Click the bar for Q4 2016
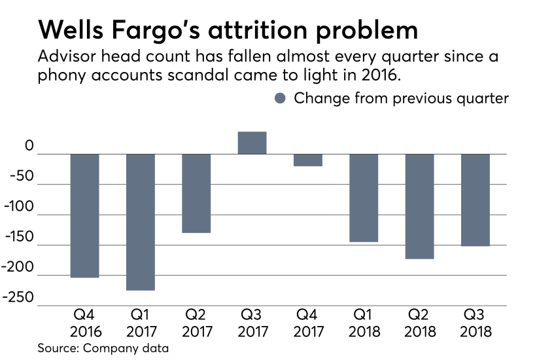pyautogui.click(x=84, y=215)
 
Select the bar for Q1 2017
pyautogui.click(x=140, y=222)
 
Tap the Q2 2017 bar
pyautogui.click(x=196, y=193)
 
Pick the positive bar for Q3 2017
pyautogui.click(x=252, y=143)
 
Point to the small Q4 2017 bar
pyautogui.click(x=307, y=160)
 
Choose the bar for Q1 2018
pyautogui.click(x=364, y=198)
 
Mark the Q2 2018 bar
pyautogui.click(x=419, y=206)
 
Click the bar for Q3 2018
pyautogui.click(x=475, y=200)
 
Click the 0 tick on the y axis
pyautogui.click(x=29, y=147)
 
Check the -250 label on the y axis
pyautogui.click(x=20, y=298)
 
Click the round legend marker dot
pyautogui.click(x=280, y=98)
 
